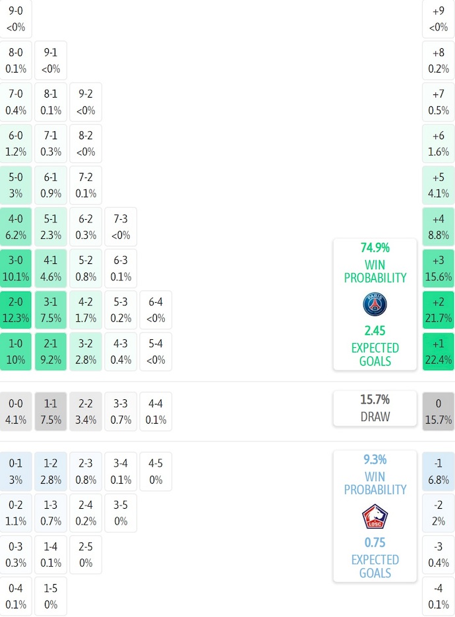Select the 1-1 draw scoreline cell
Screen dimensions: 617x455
[51, 411]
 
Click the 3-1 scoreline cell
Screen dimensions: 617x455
[51, 310]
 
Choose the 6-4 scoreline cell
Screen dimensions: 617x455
[156, 310]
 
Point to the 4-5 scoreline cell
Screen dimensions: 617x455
[156, 471]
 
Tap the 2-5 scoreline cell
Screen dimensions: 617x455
[86, 554]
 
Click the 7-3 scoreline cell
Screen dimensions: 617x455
[121, 227]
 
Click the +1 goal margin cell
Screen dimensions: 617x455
[439, 351]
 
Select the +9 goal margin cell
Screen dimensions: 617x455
[439, 19]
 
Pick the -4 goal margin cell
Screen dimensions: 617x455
[439, 596]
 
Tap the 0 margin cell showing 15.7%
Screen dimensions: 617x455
[439, 411]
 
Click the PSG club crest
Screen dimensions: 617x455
[375, 304]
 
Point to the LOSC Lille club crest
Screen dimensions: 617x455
[375, 516]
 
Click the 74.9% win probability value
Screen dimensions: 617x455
[375, 248]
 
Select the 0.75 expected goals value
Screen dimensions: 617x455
[375, 542]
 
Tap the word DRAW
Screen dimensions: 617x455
[375, 417]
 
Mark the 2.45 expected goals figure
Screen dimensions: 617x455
[375, 331]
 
